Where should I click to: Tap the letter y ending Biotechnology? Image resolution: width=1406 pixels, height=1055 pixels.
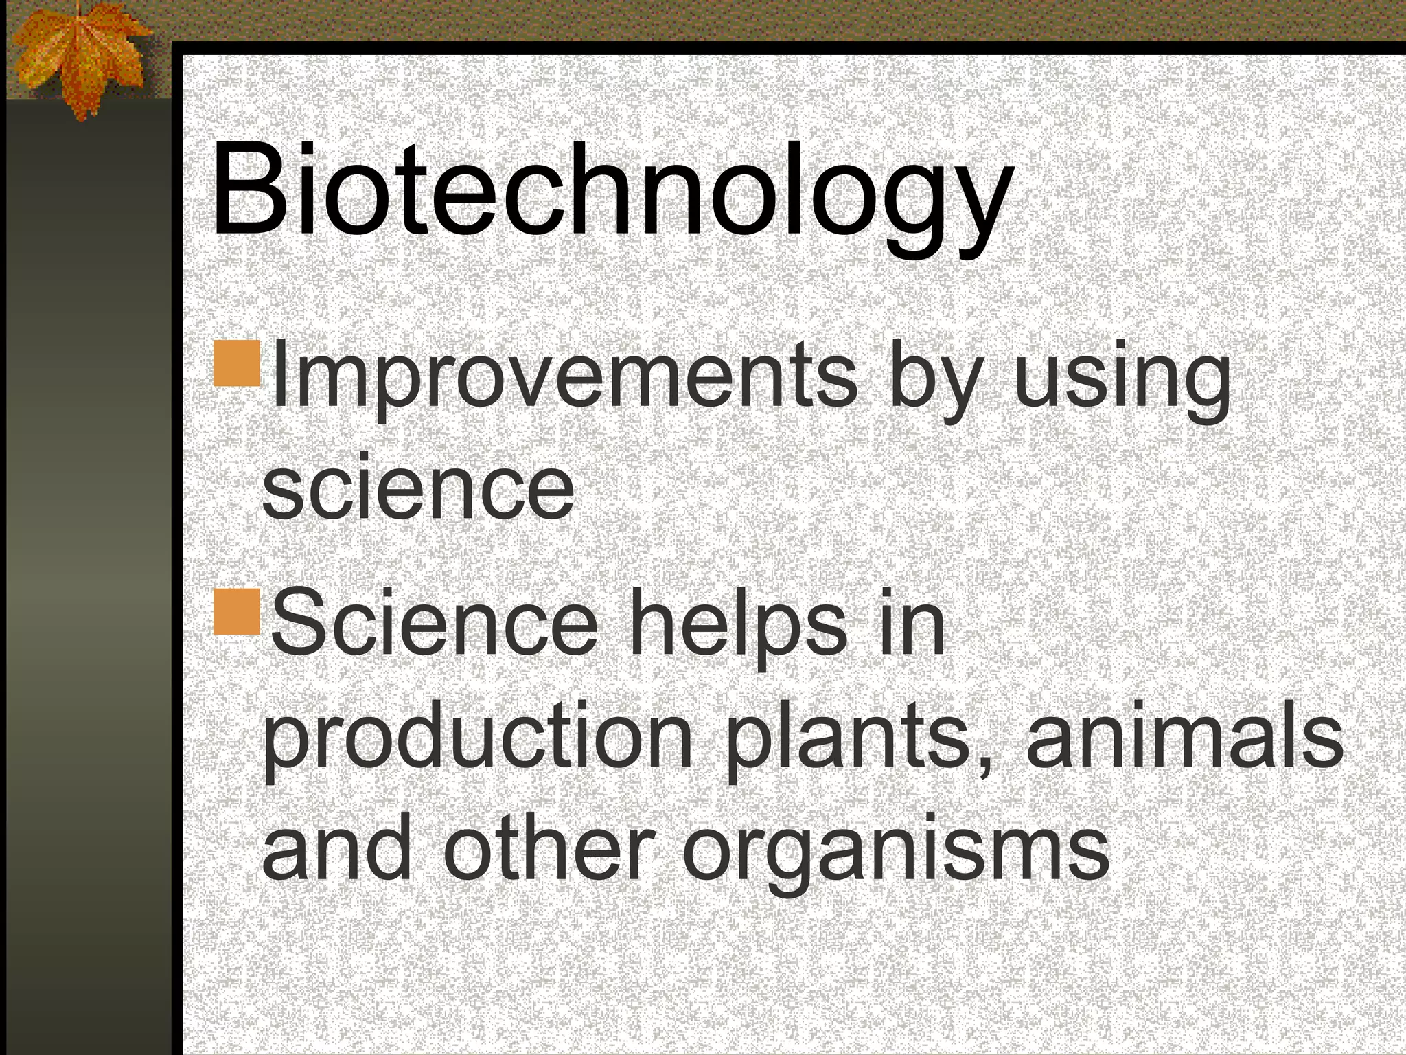[x=975, y=206]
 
